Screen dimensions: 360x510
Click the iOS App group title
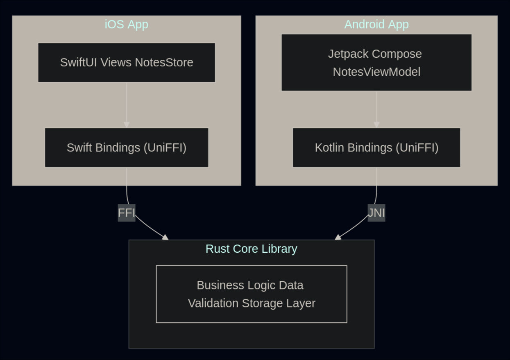coord(126,25)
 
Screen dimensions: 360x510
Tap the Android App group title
coord(376,25)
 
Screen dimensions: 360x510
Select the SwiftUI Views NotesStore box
coord(127,63)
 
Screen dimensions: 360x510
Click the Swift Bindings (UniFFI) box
coord(127,147)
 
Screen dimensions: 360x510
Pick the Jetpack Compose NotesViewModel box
coord(376,63)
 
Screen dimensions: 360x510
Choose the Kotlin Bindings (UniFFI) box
coord(376,147)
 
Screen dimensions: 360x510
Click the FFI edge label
coord(126,213)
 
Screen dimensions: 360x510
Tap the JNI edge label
coord(376,213)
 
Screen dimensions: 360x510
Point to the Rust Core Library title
coord(251,249)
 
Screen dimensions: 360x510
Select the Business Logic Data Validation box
coord(251,294)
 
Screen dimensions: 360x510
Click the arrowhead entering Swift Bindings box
coord(127,125)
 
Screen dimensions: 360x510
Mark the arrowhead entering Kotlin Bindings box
coord(376,125)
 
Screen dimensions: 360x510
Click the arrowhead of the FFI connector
coord(165,237)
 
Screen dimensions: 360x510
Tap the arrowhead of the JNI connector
coord(338,237)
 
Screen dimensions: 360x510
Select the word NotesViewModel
coord(376,72)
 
